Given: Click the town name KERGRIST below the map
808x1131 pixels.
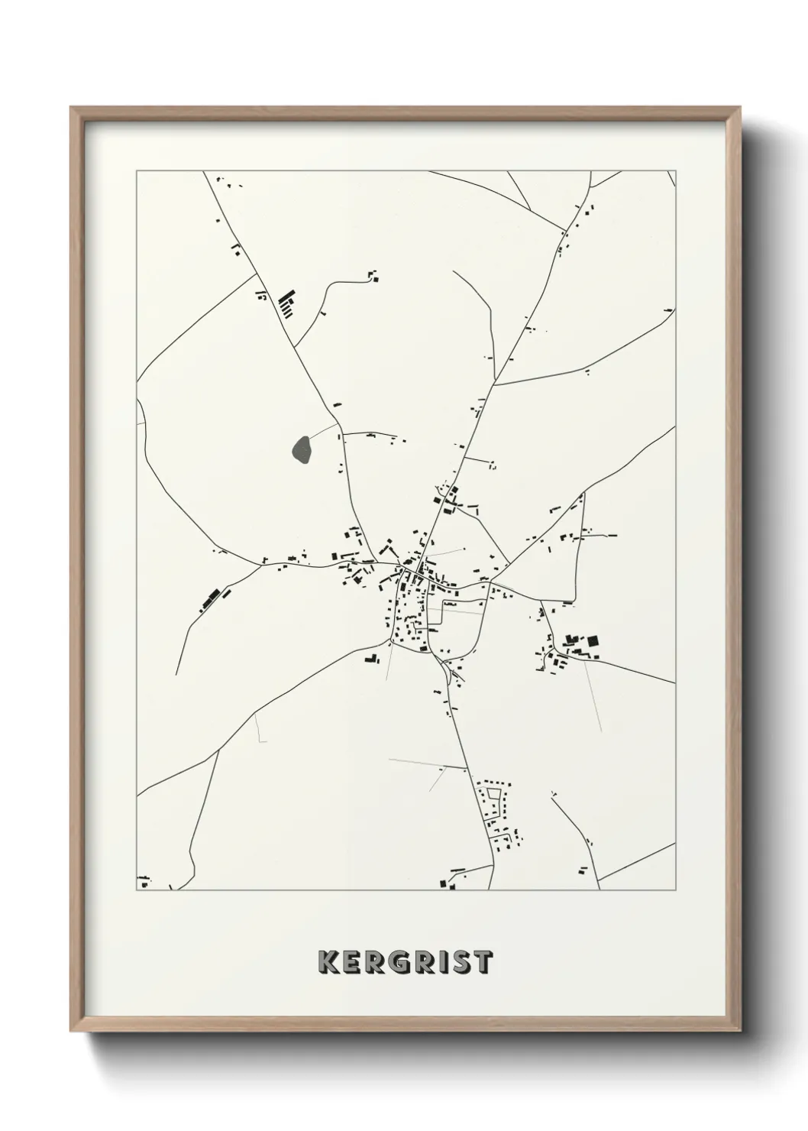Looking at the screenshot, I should (405, 962).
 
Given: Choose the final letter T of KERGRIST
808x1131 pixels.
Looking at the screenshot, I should (483, 962).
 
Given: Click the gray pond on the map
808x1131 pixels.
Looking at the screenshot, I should (302, 449).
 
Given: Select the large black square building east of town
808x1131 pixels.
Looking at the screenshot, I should (592, 642).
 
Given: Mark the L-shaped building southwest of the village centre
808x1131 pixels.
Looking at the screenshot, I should (372, 657).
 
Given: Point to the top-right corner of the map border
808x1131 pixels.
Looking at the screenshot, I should (676, 171).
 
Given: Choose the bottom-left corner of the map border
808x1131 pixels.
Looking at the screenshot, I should (137, 890).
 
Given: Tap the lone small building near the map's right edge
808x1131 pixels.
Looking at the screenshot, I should (668, 309).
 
